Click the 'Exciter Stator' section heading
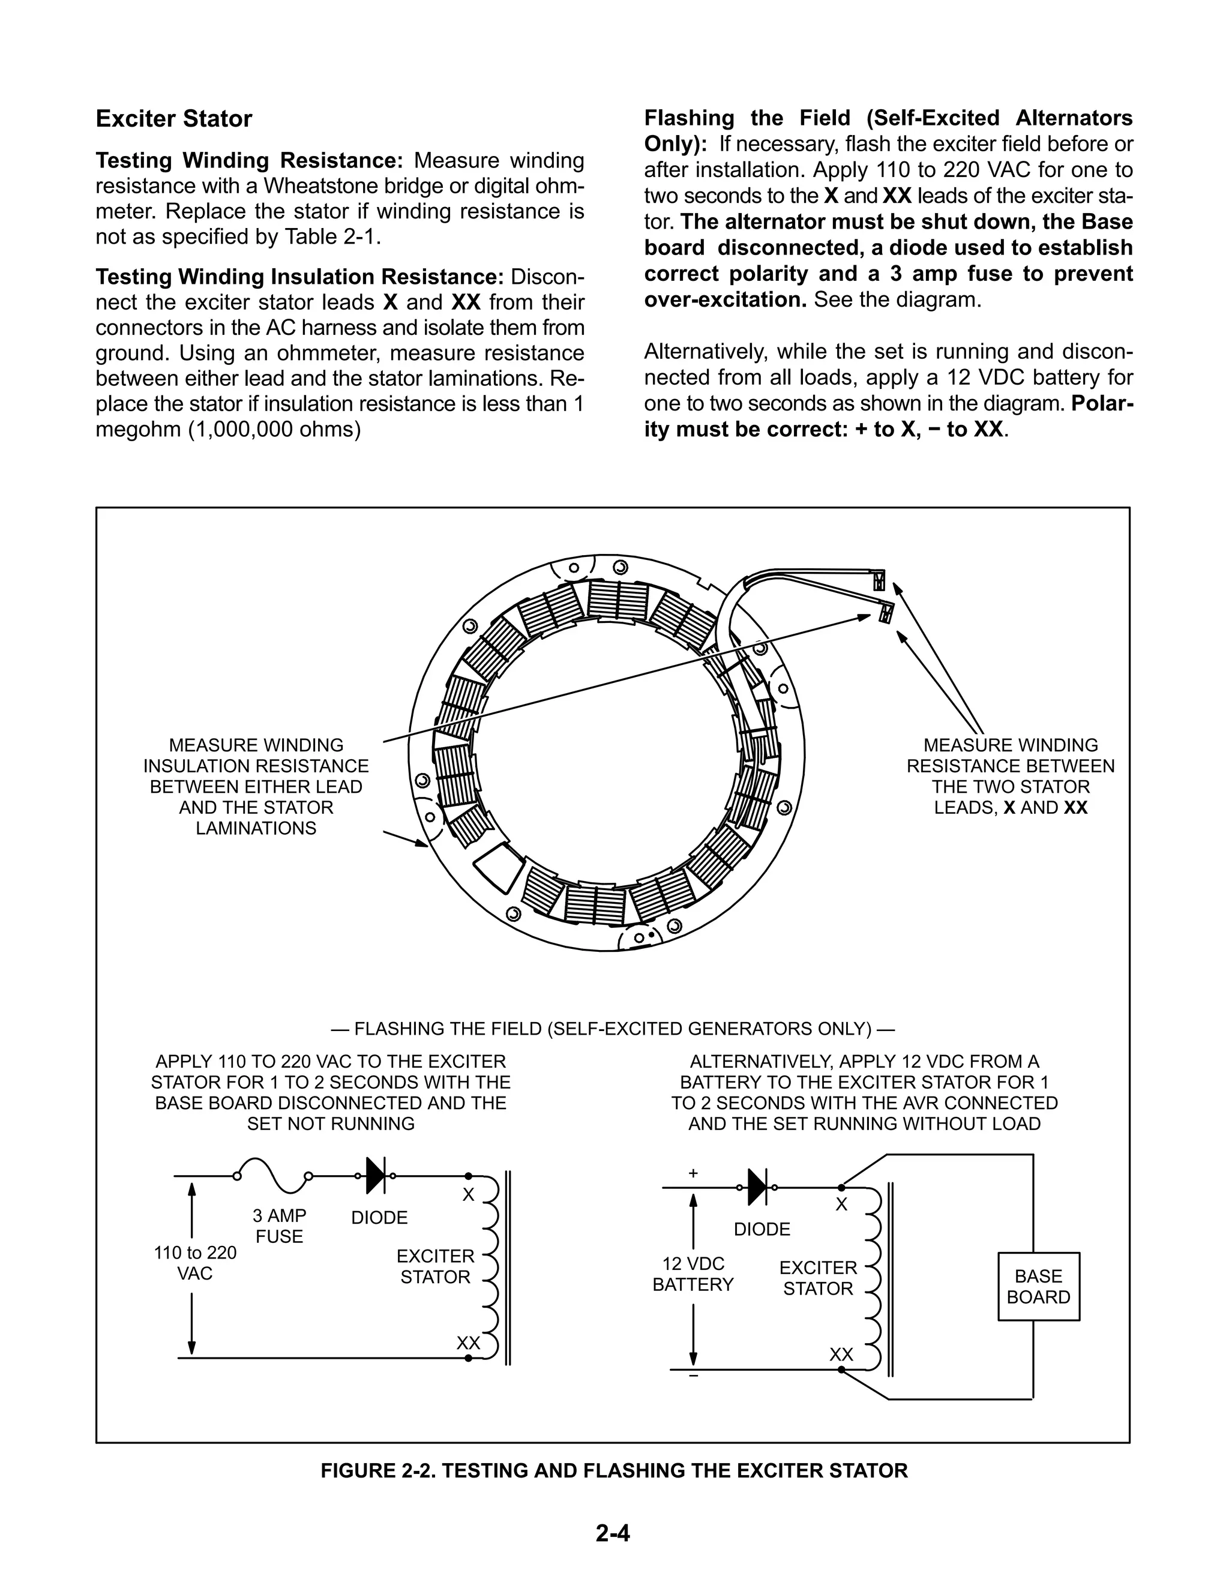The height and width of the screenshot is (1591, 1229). (x=173, y=119)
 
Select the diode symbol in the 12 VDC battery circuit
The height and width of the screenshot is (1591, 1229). (x=758, y=1188)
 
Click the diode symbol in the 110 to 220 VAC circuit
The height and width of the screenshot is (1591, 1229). (x=376, y=1176)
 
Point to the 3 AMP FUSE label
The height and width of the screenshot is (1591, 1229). (x=279, y=1226)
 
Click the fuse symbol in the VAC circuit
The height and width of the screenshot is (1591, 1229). (x=273, y=1176)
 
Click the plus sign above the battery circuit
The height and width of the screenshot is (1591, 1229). (x=693, y=1173)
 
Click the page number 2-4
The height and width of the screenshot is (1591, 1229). (x=613, y=1533)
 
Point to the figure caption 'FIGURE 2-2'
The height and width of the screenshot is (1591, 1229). (x=614, y=1471)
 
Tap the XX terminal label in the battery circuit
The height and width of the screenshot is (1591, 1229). (x=841, y=1355)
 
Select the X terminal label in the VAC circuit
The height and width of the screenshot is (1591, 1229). (x=469, y=1195)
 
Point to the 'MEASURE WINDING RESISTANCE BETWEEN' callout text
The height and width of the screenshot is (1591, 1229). (x=1011, y=756)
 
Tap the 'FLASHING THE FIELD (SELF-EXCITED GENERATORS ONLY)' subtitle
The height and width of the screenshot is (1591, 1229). (x=613, y=1029)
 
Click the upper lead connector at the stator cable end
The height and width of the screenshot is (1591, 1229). (x=879, y=580)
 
